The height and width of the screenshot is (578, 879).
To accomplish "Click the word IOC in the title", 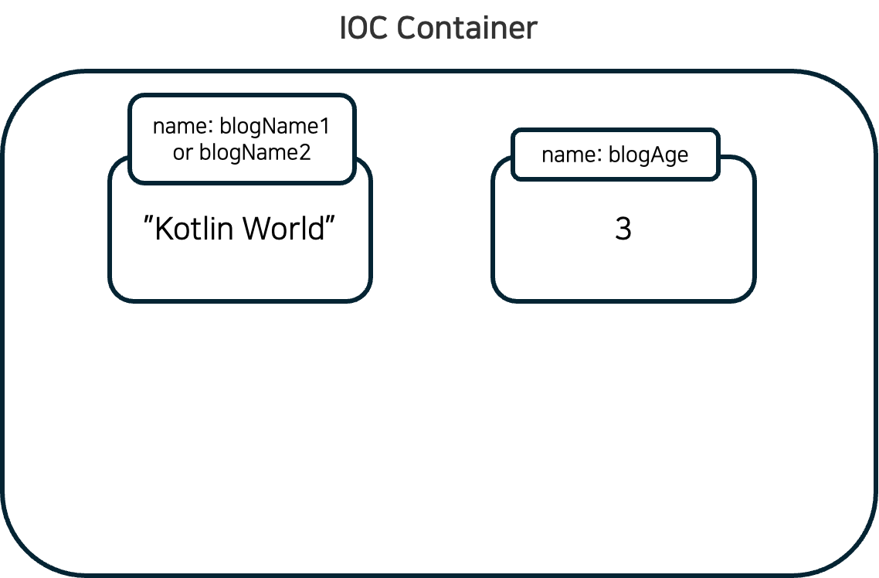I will click(x=364, y=29).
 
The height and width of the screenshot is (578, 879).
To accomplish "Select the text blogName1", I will click(x=275, y=126).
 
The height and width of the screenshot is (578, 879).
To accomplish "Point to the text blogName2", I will click(x=255, y=152).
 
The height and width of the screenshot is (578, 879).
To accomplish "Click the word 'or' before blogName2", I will click(x=182, y=153).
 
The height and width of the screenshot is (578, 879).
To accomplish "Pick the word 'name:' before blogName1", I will click(x=182, y=126).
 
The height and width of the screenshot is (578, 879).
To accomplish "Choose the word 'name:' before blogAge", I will click(x=571, y=155).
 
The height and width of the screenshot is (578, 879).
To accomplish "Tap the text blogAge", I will click(x=648, y=155).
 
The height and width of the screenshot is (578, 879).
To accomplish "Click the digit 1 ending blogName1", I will click(x=324, y=126).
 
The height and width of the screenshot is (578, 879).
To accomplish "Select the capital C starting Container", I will click(x=407, y=29).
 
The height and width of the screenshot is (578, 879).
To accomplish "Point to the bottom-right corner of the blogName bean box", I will click(x=368, y=297).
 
